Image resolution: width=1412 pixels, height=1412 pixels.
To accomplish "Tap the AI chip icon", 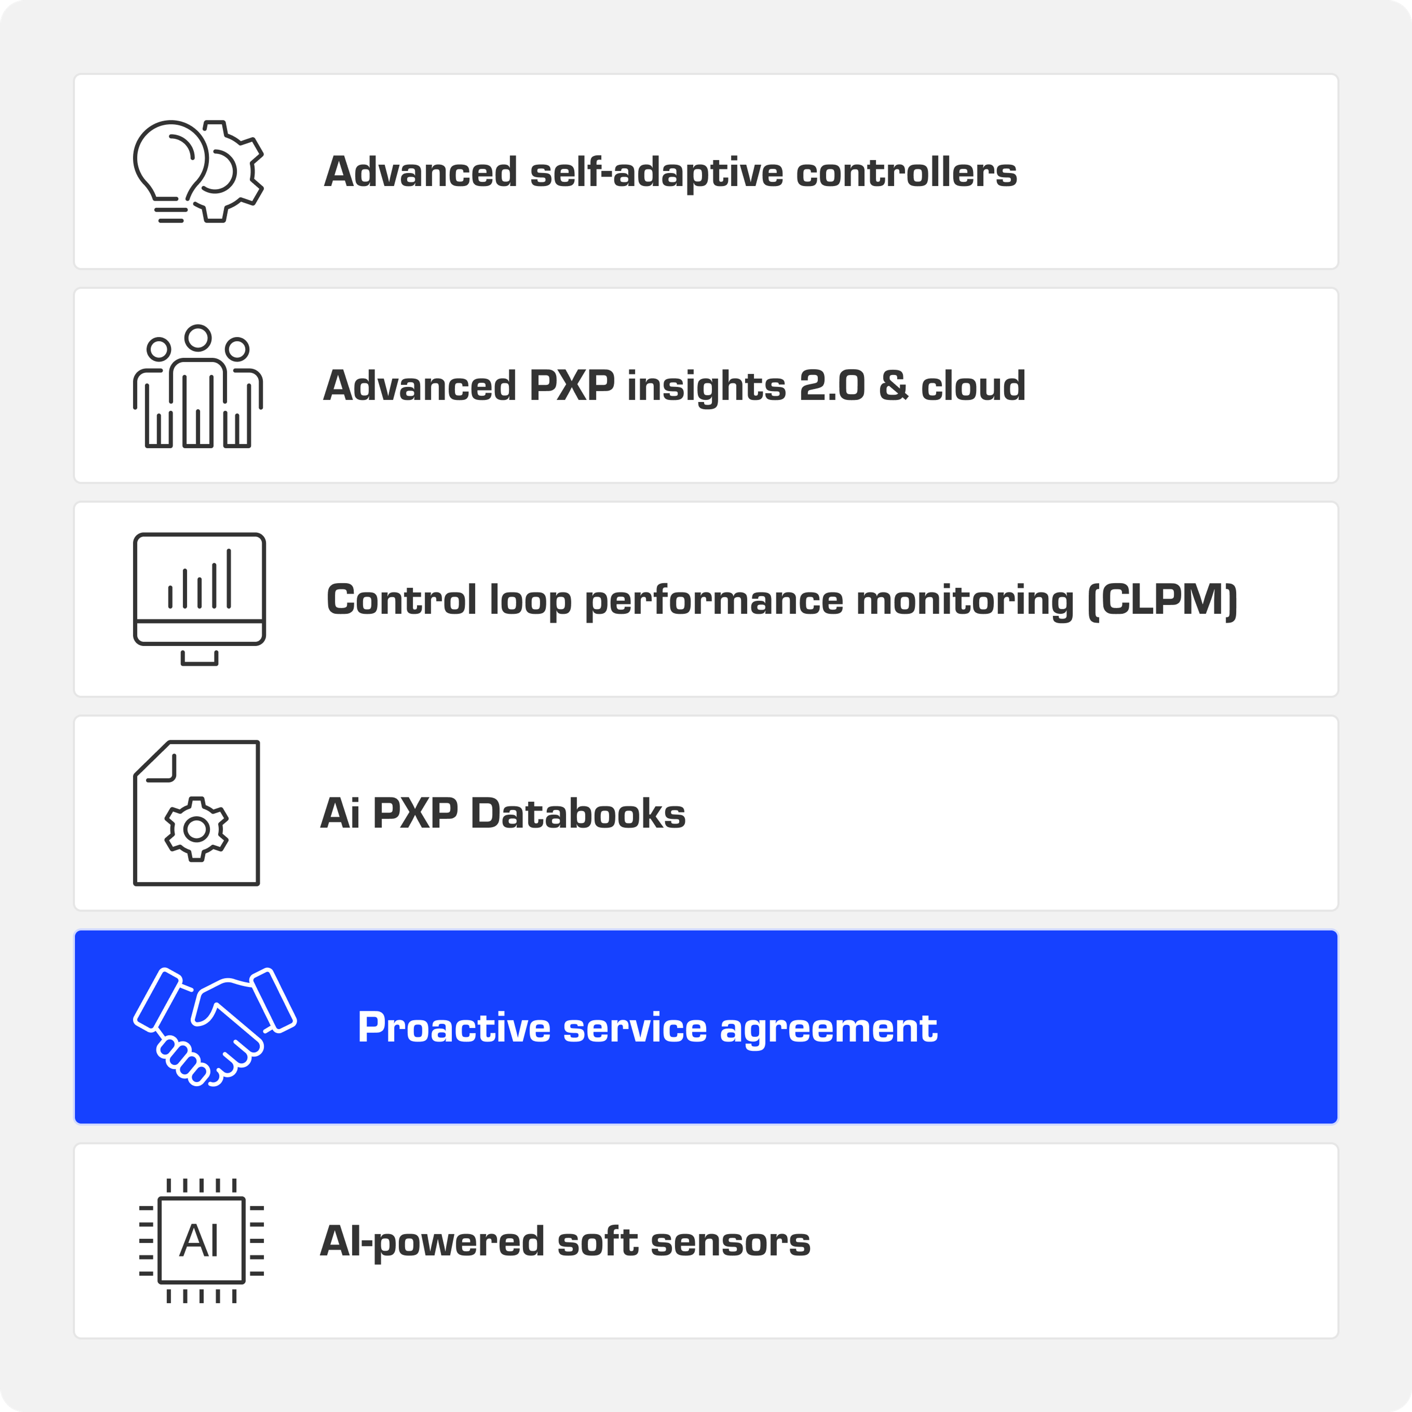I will pos(201,1240).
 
